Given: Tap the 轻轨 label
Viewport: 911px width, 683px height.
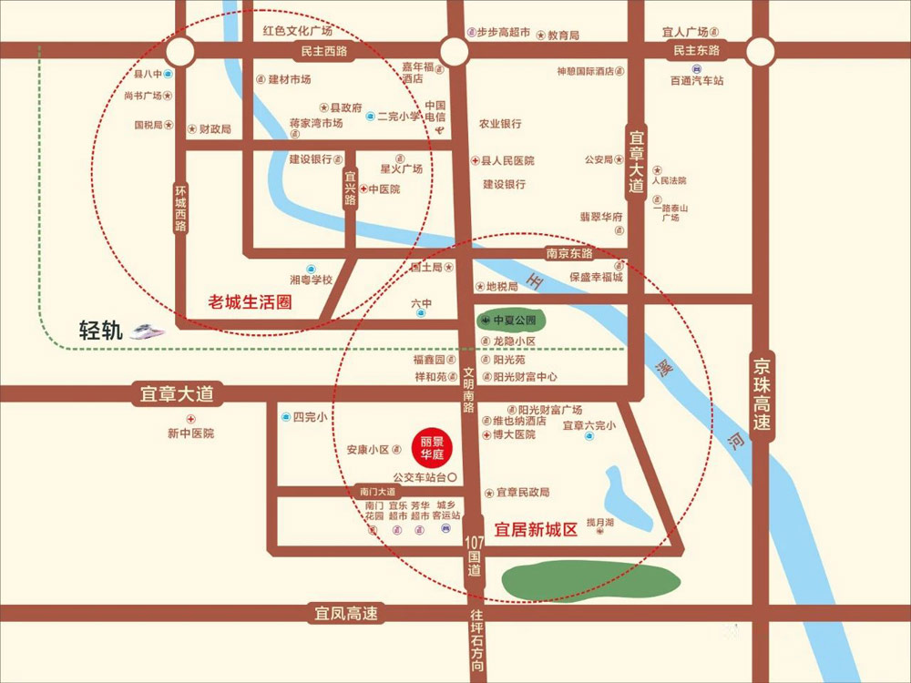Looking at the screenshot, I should click(100, 331).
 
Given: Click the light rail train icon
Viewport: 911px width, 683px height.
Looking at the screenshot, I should click(147, 331).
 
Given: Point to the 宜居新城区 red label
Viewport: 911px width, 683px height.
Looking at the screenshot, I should click(536, 529).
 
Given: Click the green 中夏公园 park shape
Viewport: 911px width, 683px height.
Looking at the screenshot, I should click(511, 321).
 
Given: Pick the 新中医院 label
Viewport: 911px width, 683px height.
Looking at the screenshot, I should click(190, 433).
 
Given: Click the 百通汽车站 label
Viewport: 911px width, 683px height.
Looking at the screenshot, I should click(697, 81).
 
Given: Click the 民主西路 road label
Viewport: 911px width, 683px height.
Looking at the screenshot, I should click(324, 52).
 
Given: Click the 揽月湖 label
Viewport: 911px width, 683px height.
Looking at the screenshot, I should click(601, 523).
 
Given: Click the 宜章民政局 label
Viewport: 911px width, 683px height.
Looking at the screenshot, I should click(523, 493).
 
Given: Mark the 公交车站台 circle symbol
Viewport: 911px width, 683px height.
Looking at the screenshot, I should click(450, 476).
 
